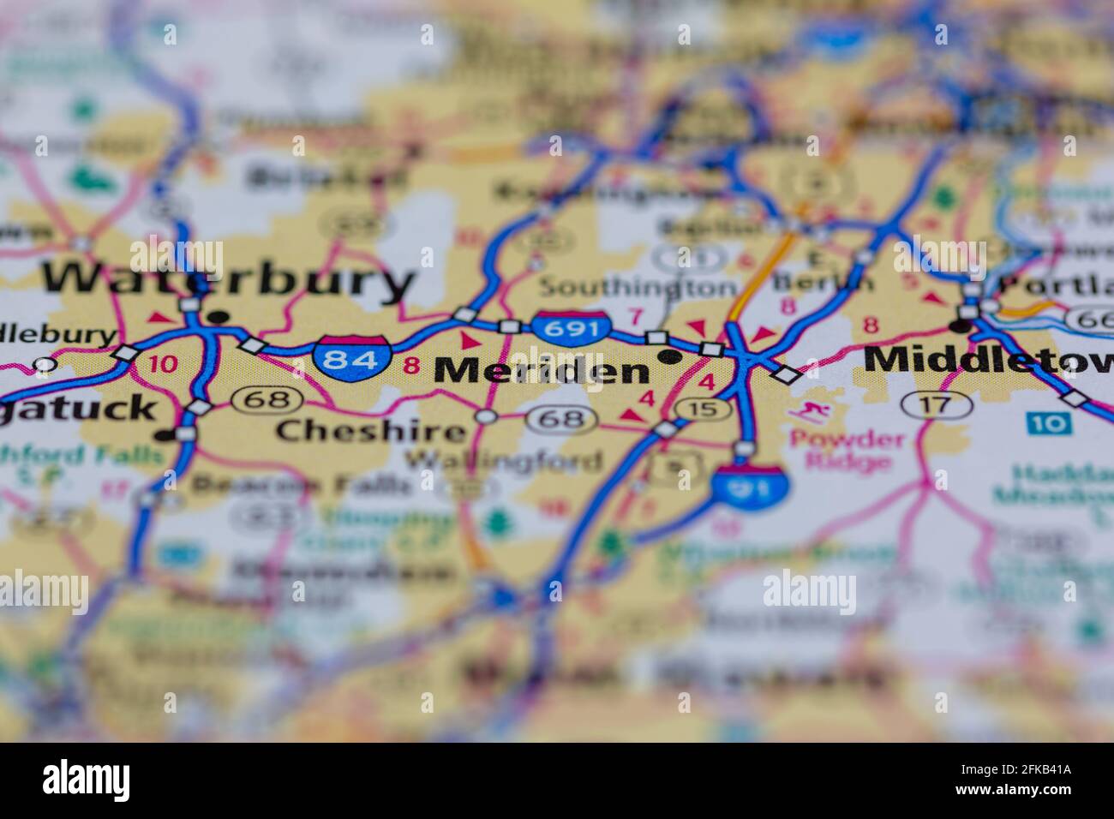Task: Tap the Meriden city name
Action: pos(542,370)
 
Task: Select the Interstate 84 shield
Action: pos(351,358)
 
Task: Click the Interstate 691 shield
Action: pos(572,326)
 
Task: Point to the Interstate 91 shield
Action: pos(751,486)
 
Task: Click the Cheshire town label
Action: pos(370,430)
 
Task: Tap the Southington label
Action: pos(637,285)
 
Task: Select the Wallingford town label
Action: pos(503,461)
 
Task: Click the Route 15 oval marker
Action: pos(703,409)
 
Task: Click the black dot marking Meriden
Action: pos(668,356)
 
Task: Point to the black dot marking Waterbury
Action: pos(219,318)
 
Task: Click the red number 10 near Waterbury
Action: pos(162,363)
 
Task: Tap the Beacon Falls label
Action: pos(300,485)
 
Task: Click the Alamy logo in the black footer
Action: pos(87,780)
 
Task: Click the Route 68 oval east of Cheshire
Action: pos(561,419)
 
